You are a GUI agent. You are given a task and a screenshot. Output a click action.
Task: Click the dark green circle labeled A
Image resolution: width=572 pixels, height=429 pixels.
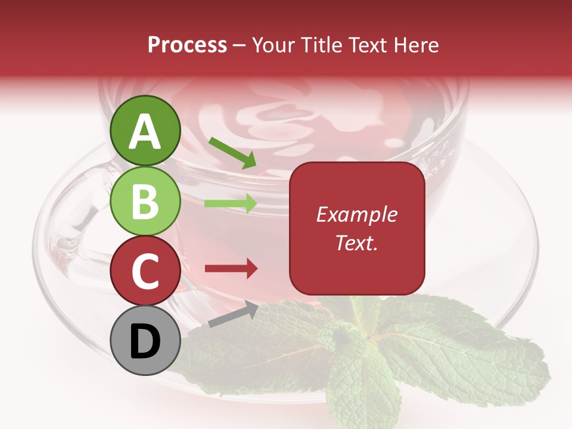click(145, 130)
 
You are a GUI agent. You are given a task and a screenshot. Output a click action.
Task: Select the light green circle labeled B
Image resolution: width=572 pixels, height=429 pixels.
click(145, 201)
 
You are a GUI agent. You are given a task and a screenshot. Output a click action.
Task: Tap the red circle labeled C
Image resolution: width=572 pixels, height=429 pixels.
click(145, 271)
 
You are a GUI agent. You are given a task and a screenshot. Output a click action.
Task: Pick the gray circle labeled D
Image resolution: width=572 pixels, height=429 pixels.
click(145, 341)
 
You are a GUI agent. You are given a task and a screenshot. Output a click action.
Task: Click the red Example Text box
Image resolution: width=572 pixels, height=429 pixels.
click(357, 228)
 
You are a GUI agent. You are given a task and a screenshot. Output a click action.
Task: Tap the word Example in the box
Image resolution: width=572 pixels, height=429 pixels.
click(357, 214)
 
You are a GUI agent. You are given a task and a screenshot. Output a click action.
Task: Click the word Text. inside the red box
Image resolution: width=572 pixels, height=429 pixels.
click(357, 243)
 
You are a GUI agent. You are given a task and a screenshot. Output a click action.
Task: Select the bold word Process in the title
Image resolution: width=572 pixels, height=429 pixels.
click(187, 45)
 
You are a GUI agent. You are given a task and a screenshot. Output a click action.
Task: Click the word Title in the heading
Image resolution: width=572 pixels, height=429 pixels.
click(318, 45)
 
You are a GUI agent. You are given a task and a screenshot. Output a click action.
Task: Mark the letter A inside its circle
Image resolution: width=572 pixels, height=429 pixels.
click(145, 132)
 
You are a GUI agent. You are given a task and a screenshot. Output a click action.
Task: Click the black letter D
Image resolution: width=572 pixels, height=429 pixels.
click(145, 341)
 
